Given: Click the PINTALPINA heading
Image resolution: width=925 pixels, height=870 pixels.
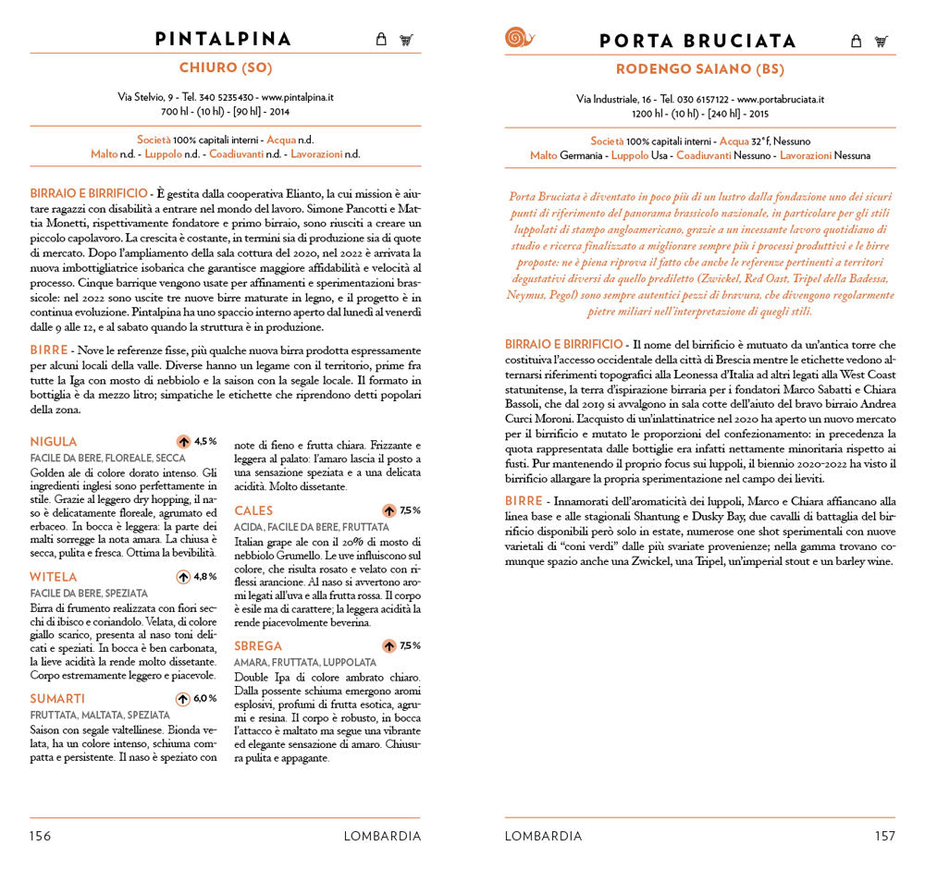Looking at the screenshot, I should point(223,39).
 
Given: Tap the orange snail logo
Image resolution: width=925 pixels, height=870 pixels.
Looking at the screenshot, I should point(519,38).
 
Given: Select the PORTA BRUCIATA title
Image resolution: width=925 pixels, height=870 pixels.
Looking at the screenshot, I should point(697,41).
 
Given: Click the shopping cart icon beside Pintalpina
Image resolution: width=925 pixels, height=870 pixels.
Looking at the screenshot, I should point(406,40).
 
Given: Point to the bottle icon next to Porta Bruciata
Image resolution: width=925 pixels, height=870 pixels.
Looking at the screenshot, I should point(856,41).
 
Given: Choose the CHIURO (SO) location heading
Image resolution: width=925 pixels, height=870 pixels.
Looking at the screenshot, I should point(225,67).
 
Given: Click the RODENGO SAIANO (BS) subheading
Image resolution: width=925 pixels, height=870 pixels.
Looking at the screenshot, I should point(699,68).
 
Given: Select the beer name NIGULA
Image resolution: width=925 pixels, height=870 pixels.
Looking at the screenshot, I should point(54,442).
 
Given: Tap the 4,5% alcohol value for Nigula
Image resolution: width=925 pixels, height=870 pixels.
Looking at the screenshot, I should point(204,441).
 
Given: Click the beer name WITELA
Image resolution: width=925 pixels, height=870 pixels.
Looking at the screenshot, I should point(54,577).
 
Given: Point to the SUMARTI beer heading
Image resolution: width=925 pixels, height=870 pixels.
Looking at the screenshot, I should point(57,698).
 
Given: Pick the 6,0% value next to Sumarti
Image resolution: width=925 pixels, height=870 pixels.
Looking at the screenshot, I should point(204,698).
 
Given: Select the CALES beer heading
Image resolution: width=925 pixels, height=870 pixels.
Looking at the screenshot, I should point(253,510).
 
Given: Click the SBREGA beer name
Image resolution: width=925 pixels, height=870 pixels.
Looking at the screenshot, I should point(258,646).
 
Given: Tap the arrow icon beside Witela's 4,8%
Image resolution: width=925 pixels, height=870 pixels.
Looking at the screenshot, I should point(183,577).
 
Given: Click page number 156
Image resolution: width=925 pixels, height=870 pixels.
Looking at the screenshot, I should point(40,836).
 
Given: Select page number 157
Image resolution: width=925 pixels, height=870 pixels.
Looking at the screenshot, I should point(884,836).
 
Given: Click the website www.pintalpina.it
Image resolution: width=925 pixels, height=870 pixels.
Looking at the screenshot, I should point(297,96).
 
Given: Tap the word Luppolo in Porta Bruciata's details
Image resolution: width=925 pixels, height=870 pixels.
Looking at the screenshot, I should point(630,156).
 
